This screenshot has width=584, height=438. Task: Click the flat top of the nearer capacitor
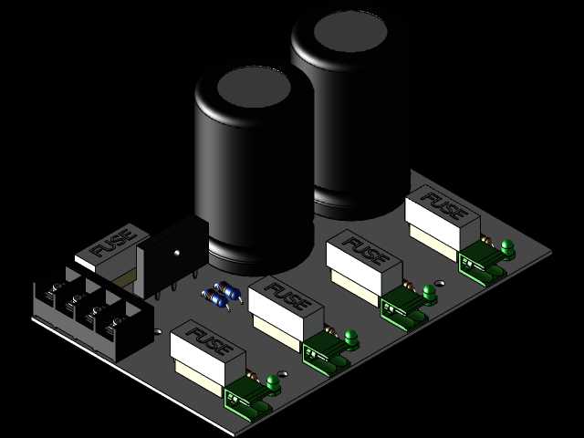point(254,88)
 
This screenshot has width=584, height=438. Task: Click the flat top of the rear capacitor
point(350,31)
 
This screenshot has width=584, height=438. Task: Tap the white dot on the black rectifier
point(176,253)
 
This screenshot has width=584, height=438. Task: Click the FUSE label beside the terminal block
point(113,244)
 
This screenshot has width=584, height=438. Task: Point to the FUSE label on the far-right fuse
point(444,205)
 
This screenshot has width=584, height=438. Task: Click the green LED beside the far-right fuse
point(507,247)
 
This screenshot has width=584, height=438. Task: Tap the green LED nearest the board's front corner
point(273,383)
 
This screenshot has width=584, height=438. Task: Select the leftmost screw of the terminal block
point(56,287)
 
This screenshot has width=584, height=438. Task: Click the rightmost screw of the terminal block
point(118,320)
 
